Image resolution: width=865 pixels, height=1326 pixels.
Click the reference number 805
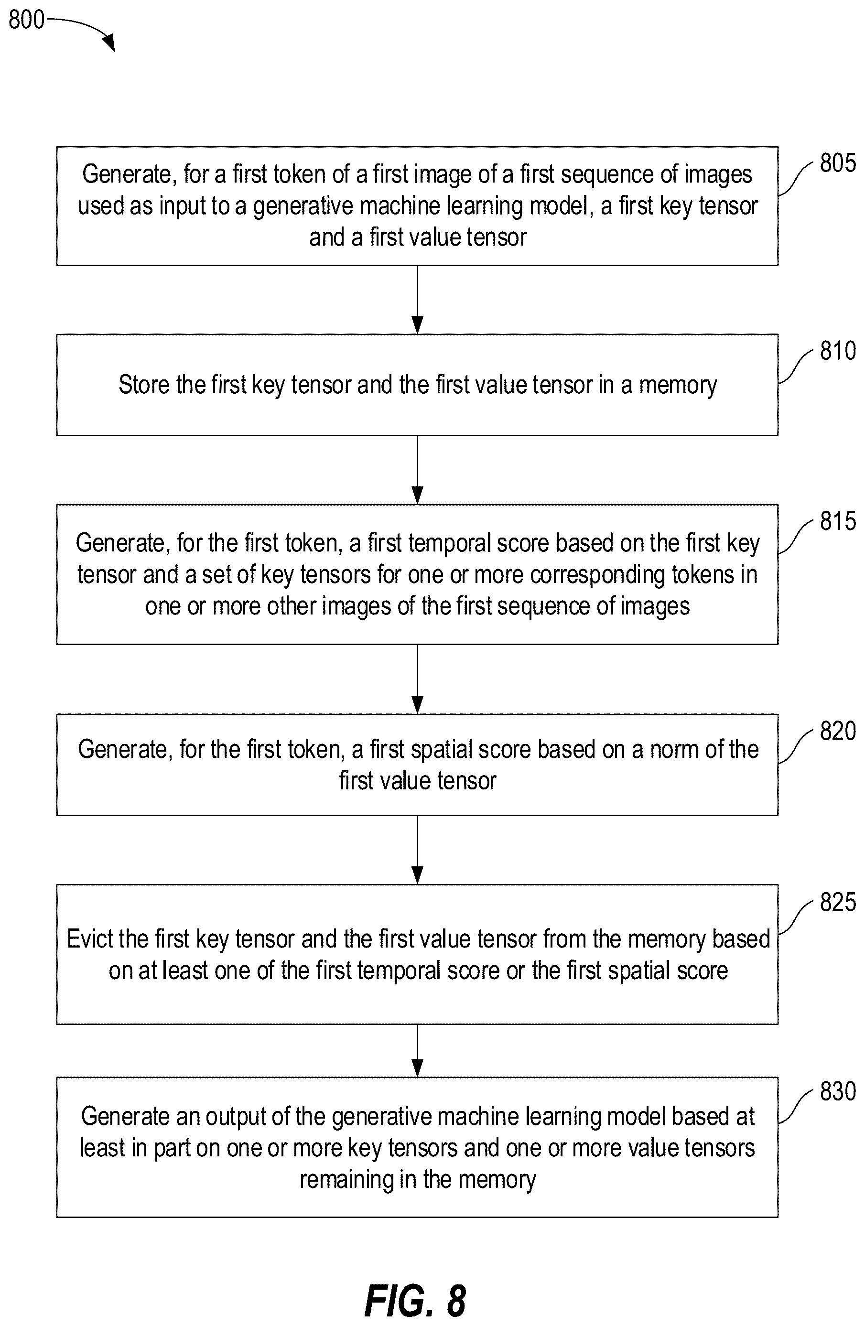[x=838, y=163]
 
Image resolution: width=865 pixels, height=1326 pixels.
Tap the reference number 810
[x=838, y=351]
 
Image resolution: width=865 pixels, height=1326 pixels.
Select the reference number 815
[x=838, y=521]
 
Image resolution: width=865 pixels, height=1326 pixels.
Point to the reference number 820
[x=838, y=731]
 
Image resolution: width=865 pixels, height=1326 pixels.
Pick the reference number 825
[x=838, y=902]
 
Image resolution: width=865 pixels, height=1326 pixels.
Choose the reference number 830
[x=838, y=1091]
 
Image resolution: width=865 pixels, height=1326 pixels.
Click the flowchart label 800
[x=26, y=20]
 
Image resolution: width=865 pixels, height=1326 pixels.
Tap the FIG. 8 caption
[x=415, y=1301]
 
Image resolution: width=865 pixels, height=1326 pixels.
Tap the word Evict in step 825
[x=89, y=939]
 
